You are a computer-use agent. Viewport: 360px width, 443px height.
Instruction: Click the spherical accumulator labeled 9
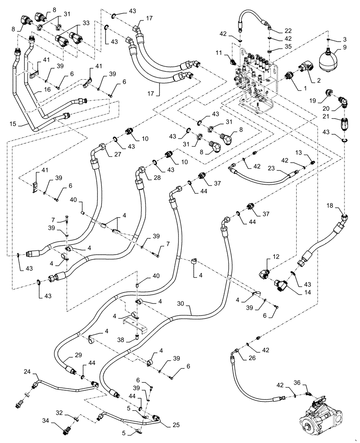(x=328, y=59)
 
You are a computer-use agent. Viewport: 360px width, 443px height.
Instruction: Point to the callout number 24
(x=27, y=372)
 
